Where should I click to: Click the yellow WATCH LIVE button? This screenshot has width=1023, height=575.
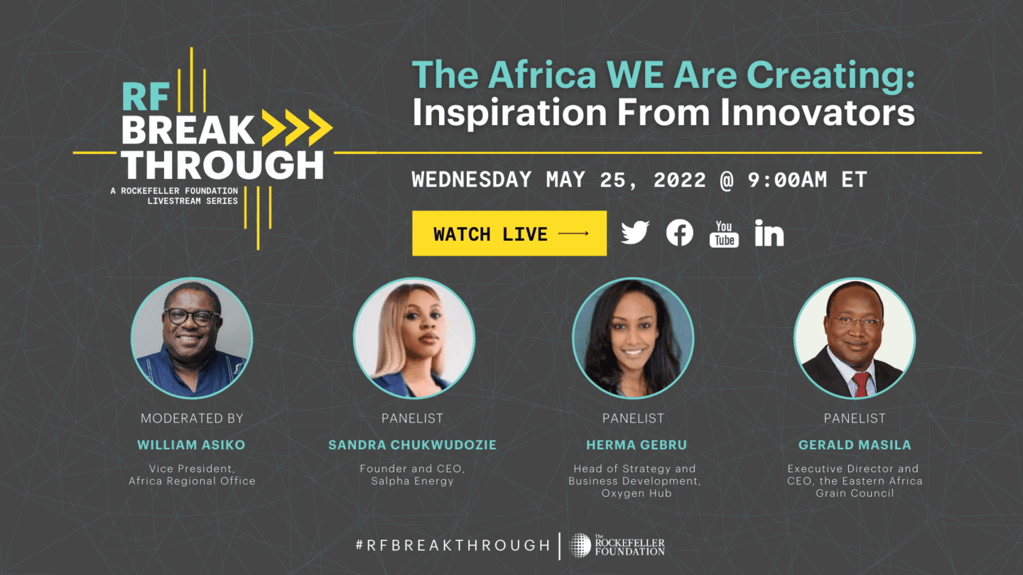pos(509,233)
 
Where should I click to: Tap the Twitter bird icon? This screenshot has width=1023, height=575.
pos(635,233)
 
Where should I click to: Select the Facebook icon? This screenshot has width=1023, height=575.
pos(680,233)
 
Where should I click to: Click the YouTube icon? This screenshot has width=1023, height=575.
pos(724,234)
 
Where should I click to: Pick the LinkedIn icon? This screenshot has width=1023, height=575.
pos(769,233)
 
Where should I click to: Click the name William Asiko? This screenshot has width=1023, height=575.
pos(191,445)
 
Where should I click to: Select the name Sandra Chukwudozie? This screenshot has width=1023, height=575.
pos(412,445)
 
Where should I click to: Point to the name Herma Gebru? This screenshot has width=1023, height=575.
pos(637,445)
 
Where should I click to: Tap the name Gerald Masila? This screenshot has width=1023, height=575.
pos(855,445)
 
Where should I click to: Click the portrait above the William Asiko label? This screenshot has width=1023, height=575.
pos(192,338)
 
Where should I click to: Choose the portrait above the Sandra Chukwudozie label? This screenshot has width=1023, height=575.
pos(414,338)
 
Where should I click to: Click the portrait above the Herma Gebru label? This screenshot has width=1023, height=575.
pos(633,338)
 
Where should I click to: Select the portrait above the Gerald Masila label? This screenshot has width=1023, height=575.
pos(855,338)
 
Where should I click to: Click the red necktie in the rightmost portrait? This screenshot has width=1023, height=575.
pos(861,384)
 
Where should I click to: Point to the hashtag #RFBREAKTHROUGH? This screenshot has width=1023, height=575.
pos(453,545)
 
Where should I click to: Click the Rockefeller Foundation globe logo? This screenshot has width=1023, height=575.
pos(580,545)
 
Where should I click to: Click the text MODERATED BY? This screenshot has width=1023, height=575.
pos(192,419)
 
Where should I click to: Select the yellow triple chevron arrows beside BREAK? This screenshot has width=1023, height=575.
pos(297,128)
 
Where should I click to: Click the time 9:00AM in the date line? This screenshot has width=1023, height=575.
pos(787,180)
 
